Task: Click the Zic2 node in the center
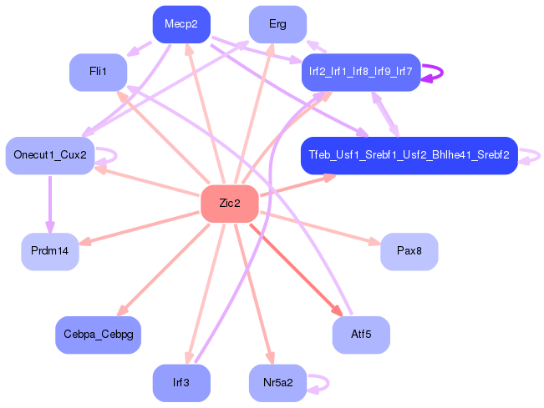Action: click(230, 204)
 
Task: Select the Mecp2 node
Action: click(181, 24)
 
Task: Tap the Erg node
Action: click(278, 24)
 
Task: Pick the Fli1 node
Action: click(98, 73)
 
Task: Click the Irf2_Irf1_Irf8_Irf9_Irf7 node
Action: click(361, 73)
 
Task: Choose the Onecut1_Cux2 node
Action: click(50, 155)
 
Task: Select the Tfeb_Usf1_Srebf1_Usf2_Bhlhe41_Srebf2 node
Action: click(409, 155)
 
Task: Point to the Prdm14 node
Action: click(50, 252)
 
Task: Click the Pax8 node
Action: click(409, 252)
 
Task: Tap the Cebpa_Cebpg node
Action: click(98, 335)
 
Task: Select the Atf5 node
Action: click(361, 335)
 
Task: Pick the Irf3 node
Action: click(181, 383)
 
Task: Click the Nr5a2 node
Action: click(278, 383)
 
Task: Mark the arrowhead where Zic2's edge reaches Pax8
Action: click(374, 241)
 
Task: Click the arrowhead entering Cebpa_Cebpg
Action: click(122, 310)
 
